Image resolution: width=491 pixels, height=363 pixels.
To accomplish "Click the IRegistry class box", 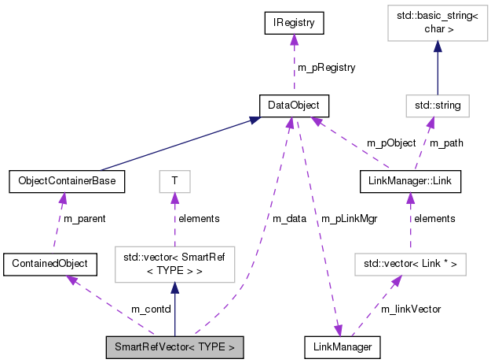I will [294, 24].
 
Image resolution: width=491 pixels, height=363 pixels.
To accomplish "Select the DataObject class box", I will [294, 105].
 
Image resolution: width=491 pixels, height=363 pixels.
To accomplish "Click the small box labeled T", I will [174, 181].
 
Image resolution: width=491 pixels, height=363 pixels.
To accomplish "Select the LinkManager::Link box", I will [409, 181].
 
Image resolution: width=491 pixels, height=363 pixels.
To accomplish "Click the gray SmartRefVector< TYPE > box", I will [174, 346].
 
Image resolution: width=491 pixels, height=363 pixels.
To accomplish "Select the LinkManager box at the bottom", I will [343, 346].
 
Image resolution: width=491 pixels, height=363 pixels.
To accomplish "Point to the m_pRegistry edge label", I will [326, 68].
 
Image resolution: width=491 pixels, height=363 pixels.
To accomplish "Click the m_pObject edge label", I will [390, 143].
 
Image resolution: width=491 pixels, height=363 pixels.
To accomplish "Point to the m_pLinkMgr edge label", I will [350, 219].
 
